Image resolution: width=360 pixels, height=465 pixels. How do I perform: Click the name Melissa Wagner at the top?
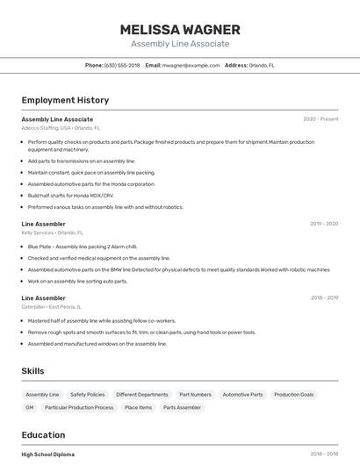pos(180,30)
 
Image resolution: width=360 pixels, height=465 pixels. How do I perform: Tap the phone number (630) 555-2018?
pos(122,65)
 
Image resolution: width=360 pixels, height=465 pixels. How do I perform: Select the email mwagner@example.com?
pos(191,65)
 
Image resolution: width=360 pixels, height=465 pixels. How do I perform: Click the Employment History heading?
pos(65,101)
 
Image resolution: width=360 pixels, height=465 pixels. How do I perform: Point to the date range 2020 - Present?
pos(320,119)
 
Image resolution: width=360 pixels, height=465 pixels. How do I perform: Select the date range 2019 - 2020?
pos(323,224)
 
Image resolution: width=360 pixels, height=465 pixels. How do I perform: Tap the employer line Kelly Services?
pos(52,232)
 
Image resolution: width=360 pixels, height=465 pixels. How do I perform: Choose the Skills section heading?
pos(33,371)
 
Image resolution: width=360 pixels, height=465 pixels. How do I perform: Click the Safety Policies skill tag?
pos(88,395)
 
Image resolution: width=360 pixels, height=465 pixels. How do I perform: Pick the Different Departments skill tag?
pos(141,395)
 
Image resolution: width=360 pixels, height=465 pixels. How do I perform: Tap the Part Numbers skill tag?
pos(195,395)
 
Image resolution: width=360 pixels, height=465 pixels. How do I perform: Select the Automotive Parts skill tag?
pos(242,395)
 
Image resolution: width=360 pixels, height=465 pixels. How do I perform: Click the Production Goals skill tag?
pos(293,395)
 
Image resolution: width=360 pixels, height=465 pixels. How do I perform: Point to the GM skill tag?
pos(30,407)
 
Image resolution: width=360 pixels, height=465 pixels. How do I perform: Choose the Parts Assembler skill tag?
pos(182,407)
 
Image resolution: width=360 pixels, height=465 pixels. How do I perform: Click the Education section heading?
pos(43,435)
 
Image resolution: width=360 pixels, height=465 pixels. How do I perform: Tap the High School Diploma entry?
pos(48,454)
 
